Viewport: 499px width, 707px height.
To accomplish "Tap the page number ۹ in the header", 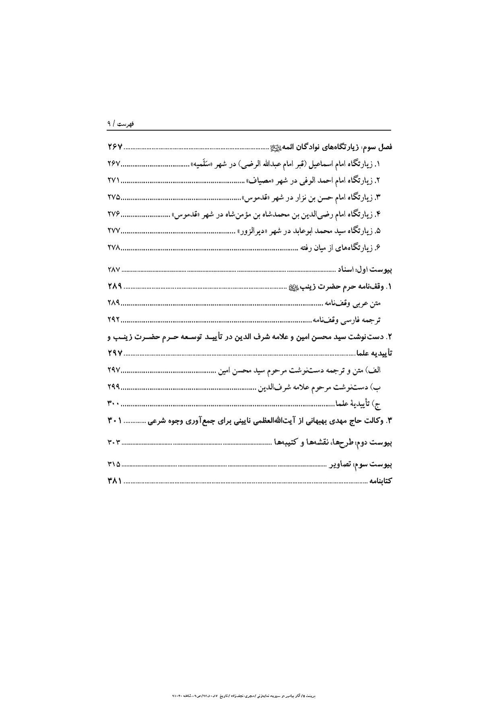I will [x=109, y=124].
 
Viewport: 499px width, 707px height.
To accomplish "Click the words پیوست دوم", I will [x=378, y=443].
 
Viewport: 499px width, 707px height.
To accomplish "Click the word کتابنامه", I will [x=381, y=481].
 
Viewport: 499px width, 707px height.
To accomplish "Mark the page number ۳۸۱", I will [x=114, y=481].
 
